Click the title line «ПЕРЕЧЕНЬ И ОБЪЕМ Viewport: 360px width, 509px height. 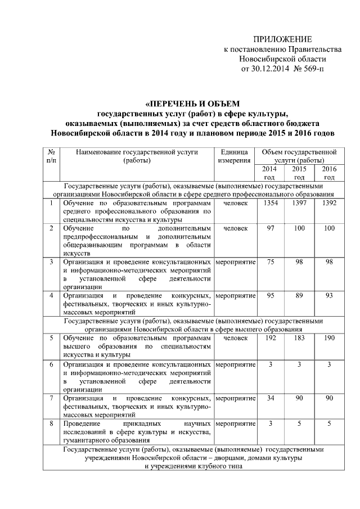click(192, 103)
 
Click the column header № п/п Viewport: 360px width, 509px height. click(51, 156)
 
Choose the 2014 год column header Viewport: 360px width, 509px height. click(269, 173)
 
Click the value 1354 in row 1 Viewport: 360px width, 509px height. click(269, 202)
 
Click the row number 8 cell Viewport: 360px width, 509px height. click(51, 423)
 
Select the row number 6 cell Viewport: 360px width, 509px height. click(51, 364)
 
